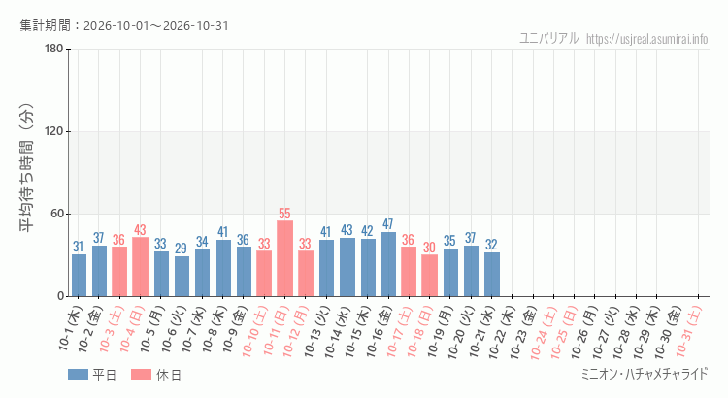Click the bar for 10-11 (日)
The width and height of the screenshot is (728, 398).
pyautogui.click(x=284, y=258)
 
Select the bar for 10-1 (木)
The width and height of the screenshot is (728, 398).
pyautogui.click(x=79, y=275)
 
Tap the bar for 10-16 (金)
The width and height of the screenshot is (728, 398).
pyautogui.click(x=388, y=264)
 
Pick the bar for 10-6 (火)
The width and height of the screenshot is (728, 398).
pyautogui.click(x=182, y=277)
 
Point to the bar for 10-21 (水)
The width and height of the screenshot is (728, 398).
pyautogui.click(x=492, y=275)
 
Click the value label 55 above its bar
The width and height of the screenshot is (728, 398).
pyautogui.click(x=284, y=214)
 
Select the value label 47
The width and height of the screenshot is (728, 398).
pyautogui.click(x=388, y=224)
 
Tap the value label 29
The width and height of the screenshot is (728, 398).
pyautogui.click(x=182, y=249)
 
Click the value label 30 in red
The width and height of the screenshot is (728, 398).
pyautogui.click(x=429, y=248)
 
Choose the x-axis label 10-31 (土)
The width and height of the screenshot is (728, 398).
pyautogui.click(x=688, y=331)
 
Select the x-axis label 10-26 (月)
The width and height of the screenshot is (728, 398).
pyautogui.click(x=584, y=332)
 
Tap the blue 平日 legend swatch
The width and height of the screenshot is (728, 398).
pyautogui.click(x=78, y=375)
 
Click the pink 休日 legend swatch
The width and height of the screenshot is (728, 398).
pyautogui.click(x=141, y=375)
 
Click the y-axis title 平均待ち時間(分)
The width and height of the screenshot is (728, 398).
pyautogui.click(x=27, y=168)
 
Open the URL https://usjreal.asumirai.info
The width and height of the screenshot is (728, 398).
pyautogui.click(x=646, y=39)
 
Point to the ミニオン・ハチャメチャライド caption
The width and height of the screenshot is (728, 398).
pyautogui.click(x=645, y=374)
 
